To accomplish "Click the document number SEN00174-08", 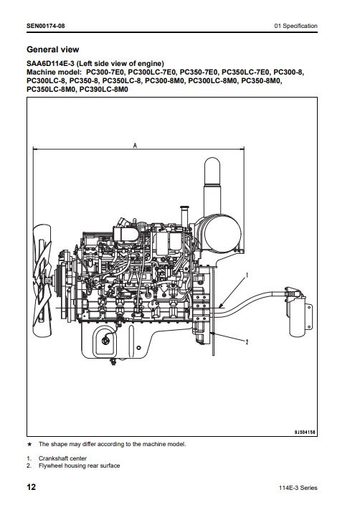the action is (45, 26).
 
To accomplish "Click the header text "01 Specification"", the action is (295, 26).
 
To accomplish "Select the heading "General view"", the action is (52, 49).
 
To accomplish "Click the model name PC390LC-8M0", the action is (104, 90).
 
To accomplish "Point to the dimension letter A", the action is (136, 146).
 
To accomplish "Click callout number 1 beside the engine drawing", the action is (247, 275).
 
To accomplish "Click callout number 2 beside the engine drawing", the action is (247, 342).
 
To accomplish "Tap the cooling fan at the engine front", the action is (42, 280).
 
